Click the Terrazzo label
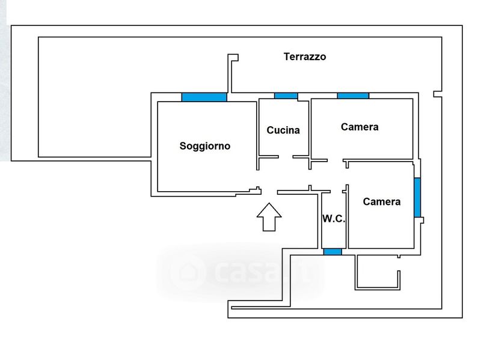305,56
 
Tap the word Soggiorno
205,145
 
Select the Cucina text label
283,130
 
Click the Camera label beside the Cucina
360,127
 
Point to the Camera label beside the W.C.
381,202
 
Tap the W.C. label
334,219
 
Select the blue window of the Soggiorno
204,97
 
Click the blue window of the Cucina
286,96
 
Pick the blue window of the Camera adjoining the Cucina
352,95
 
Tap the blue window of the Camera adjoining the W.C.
417,197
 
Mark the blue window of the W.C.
332,251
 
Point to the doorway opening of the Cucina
286,157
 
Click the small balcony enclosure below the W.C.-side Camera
378,272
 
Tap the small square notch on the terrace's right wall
437,94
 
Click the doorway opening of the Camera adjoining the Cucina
335,160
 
